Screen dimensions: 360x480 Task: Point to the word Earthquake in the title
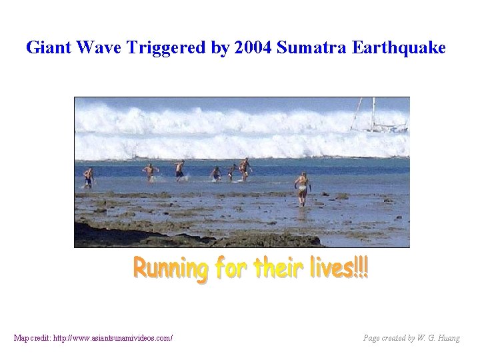click(399, 48)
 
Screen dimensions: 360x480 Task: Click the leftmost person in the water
click(88, 177)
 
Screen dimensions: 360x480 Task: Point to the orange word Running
click(171, 269)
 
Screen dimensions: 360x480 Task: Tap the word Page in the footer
click(372, 338)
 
